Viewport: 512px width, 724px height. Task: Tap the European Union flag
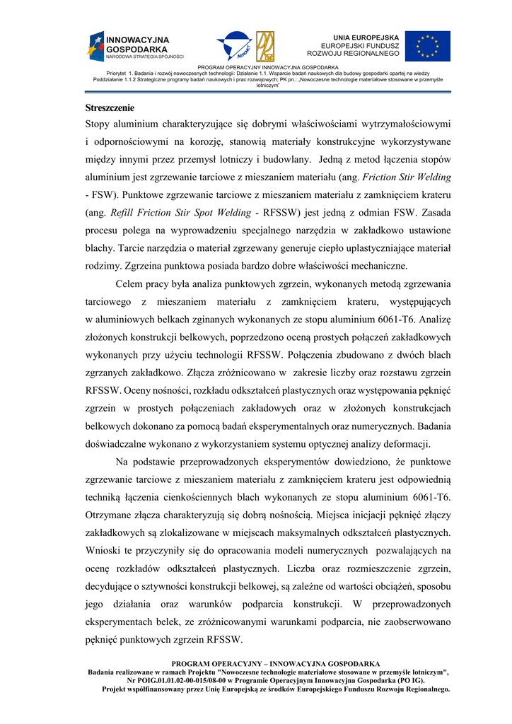(x=427, y=46)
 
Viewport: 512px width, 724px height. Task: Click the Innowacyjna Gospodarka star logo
(x=95, y=45)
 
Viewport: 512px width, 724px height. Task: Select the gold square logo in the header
(x=266, y=46)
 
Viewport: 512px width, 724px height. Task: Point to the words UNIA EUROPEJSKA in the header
(x=366, y=37)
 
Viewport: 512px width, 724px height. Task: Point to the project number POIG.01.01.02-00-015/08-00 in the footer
(x=190, y=679)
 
